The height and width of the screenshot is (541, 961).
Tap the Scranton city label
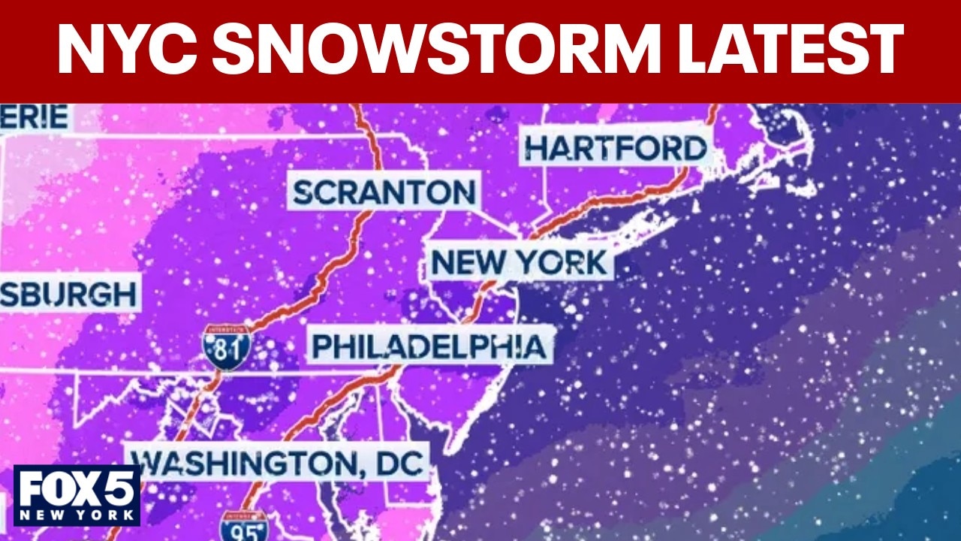pos(384,192)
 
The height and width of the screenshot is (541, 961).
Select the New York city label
pos(520,263)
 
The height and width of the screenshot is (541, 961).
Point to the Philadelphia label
pos(429,346)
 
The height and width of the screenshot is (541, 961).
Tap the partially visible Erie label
pos(35,117)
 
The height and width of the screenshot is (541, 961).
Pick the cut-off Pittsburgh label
pos(68,295)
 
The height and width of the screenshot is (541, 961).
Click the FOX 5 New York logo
pos(77,495)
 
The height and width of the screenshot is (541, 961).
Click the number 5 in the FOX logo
pos(121,489)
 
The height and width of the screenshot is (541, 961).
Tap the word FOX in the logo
pos(62,489)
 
